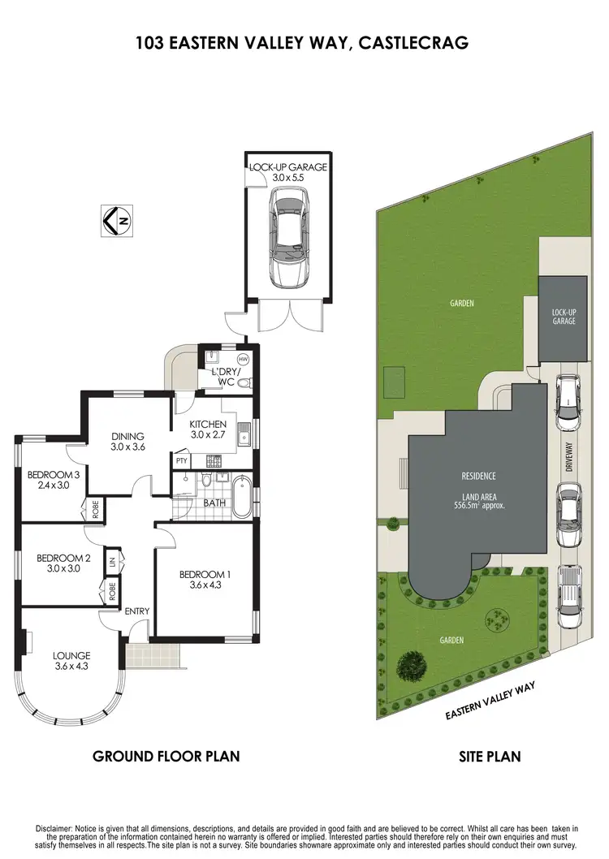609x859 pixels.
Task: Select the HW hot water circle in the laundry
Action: [243, 359]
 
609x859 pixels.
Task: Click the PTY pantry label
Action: [181, 460]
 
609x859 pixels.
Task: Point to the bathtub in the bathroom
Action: [241, 497]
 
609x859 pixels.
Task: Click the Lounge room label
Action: [71, 655]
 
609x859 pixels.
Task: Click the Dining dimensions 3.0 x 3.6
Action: [127, 447]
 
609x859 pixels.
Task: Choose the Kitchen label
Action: [208, 425]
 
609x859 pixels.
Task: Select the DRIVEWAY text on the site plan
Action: [569, 456]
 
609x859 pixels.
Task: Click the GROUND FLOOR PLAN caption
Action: [166, 757]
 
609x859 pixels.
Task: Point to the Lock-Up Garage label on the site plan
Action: [564, 316]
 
